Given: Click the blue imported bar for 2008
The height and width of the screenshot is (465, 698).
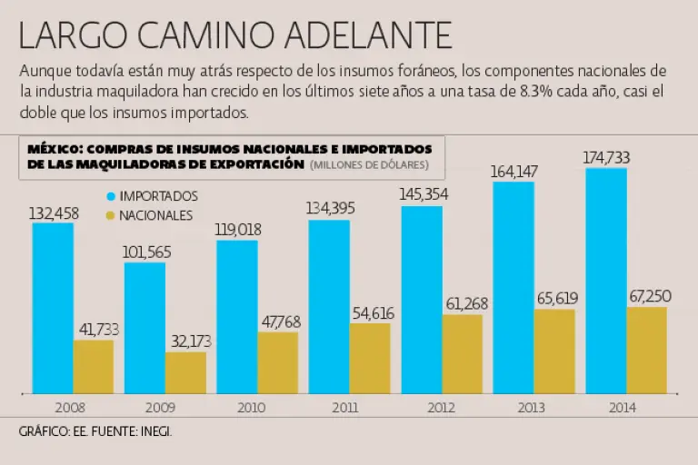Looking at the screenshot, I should pyautogui.click(x=53, y=308).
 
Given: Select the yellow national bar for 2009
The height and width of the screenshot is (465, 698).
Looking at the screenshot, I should pyautogui.click(x=185, y=372).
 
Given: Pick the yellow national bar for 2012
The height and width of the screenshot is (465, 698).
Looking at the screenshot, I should pyautogui.click(x=463, y=353).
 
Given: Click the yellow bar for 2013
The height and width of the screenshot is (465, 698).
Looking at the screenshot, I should pyautogui.click(x=554, y=351).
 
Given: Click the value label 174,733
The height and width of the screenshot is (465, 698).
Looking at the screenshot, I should pyautogui.click(x=606, y=157).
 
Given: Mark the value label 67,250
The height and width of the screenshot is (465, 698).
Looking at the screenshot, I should pyautogui.click(x=648, y=297).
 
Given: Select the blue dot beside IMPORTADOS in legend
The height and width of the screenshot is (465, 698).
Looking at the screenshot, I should pyautogui.click(x=111, y=196).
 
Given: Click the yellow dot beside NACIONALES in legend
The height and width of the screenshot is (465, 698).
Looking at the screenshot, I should pyautogui.click(x=111, y=215).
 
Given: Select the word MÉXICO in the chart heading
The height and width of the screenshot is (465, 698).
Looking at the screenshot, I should pyautogui.click(x=52, y=149).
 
